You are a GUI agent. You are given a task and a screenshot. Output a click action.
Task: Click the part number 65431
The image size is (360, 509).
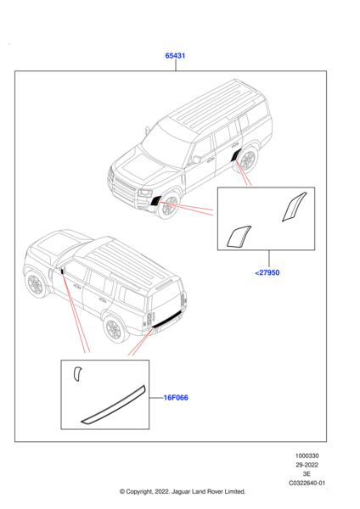175,55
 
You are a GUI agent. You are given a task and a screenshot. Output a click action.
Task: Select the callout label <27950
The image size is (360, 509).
267,272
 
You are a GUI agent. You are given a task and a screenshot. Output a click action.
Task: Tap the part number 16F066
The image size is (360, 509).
176,398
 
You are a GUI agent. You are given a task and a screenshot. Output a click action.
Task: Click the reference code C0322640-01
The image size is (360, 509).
307,483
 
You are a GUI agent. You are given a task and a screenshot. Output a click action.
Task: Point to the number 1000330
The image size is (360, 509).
307,456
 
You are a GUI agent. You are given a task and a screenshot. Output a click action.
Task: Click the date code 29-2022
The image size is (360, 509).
307,465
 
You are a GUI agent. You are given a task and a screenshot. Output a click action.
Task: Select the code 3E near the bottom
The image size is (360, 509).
307,474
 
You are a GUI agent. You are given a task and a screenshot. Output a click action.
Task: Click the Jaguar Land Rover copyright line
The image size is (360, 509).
183,492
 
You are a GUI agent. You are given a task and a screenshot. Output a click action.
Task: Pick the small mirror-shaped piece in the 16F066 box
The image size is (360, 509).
76,373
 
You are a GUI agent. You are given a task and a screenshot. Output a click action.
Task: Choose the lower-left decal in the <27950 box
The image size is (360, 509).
238,237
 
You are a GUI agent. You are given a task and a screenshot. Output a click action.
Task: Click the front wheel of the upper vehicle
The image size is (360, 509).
168,206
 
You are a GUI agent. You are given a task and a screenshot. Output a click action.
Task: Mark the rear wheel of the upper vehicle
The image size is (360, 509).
248,160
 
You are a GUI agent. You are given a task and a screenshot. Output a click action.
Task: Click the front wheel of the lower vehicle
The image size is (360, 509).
36,285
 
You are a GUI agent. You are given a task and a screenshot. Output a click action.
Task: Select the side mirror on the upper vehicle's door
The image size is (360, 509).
197,159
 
